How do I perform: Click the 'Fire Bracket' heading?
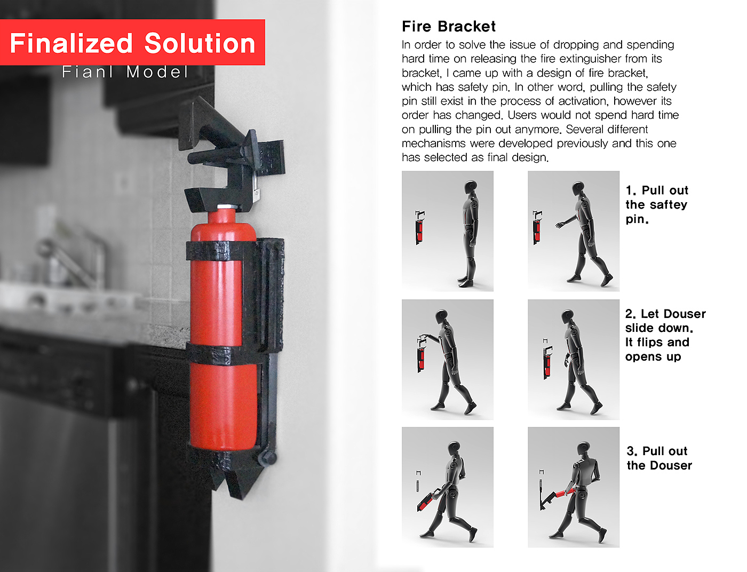[448, 27]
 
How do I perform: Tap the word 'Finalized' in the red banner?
[71, 43]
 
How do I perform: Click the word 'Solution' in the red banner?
[200, 43]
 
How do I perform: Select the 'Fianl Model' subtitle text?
[125, 72]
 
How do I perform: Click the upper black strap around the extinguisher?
[221, 251]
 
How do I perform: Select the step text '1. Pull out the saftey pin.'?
[657, 204]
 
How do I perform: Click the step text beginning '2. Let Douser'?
[665, 335]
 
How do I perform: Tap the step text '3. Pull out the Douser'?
[659, 458]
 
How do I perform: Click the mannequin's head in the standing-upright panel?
[470, 188]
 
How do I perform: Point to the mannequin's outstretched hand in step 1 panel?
[560, 225]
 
